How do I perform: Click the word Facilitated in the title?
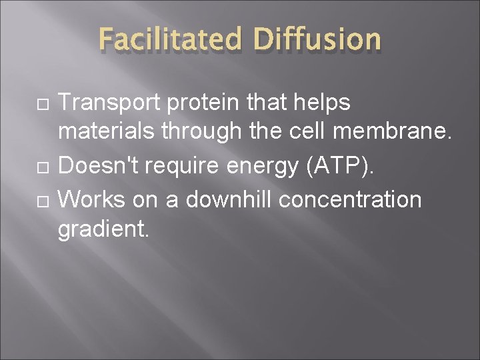coord(171,40)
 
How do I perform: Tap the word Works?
coord(90,199)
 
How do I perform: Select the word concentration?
coord(350,199)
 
